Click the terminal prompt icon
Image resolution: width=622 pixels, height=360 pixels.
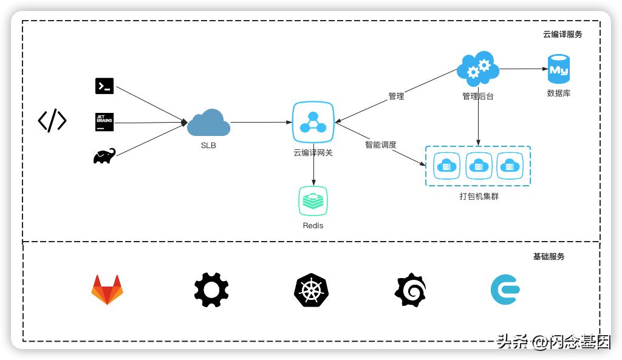[x=104, y=86]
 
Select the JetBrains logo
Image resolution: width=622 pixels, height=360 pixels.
[x=104, y=122]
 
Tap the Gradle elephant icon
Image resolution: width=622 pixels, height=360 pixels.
[x=104, y=156]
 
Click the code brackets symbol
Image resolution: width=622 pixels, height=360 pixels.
[x=52, y=121]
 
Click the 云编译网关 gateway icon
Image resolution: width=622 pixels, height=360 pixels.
[x=313, y=122]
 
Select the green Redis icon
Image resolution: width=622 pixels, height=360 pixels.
[x=313, y=202]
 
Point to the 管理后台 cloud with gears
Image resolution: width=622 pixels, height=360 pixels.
[x=478, y=69]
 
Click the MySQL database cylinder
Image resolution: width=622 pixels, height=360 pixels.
[x=559, y=69]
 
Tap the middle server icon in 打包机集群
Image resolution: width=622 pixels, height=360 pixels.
[x=479, y=166]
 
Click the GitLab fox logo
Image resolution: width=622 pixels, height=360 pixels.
[x=107, y=290]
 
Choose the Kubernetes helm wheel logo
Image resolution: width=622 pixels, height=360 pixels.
[x=311, y=290]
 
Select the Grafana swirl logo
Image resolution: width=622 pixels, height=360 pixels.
[x=411, y=290]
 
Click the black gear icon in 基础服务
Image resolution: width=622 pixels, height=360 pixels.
[x=211, y=290]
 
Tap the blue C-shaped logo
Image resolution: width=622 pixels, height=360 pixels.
[x=505, y=290]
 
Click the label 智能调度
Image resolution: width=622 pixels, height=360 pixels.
[x=381, y=145]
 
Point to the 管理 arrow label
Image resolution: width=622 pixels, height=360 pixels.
[x=396, y=96]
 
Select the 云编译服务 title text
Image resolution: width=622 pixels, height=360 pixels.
[x=562, y=35]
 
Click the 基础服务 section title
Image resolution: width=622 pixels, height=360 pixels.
[x=549, y=257]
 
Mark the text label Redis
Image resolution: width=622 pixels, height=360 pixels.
[x=313, y=226]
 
